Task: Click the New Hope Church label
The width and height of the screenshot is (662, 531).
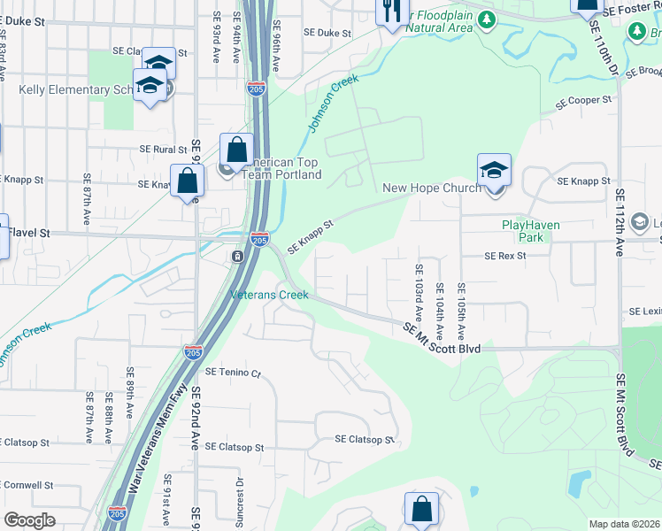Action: [x=432, y=188]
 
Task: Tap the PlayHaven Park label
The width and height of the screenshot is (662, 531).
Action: [x=531, y=231]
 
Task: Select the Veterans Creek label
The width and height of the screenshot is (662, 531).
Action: [x=270, y=295]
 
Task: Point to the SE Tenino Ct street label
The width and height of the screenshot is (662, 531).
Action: [x=234, y=373]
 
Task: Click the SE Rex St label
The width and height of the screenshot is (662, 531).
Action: [x=505, y=256]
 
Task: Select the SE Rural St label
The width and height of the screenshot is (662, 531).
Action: [x=164, y=150]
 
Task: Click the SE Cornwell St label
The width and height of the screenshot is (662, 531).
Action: [x=27, y=485]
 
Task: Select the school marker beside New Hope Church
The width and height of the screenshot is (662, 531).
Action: [x=494, y=171]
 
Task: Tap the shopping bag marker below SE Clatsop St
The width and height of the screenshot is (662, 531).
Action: [x=421, y=510]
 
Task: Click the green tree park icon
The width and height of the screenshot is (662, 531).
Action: [x=486, y=19]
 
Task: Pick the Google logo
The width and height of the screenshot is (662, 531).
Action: [x=29, y=520]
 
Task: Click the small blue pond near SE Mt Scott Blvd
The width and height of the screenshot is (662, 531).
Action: [x=580, y=483]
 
